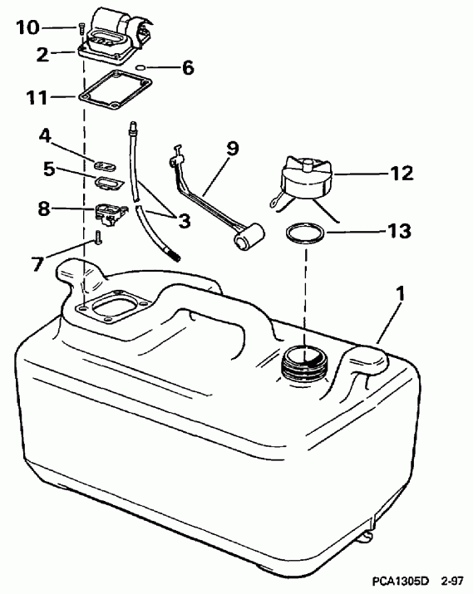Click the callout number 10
[27, 27]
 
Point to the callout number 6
[188, 68]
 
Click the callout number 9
[232, 150]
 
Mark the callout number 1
[402, 293]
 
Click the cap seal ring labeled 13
[303, 233]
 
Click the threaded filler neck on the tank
[302, 363]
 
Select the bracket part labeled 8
[108, 212]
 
